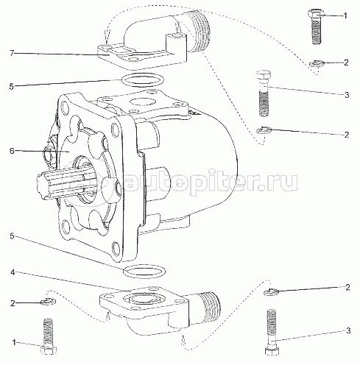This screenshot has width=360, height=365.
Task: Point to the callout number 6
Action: click(13, 151)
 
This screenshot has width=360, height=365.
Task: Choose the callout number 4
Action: click(13, 272)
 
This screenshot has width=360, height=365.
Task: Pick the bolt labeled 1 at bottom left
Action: click(48, 336)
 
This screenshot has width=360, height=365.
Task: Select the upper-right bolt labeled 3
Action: click(264, 93)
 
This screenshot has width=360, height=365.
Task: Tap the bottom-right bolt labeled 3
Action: click(272, 332)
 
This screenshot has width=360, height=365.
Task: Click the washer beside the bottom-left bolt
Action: click(49, 302)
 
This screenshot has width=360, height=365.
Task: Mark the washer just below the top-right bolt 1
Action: click(317, 63)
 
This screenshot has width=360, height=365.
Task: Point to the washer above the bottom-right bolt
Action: click(271, 291)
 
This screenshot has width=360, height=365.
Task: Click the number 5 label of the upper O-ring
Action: click(12, 86)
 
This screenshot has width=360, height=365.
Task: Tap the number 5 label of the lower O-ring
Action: click(13, 236)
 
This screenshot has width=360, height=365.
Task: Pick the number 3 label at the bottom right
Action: click(348, 330)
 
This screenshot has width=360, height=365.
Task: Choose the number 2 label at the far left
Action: click(13, 303)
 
